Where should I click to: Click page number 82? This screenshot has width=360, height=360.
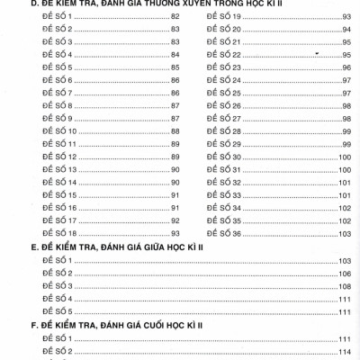(175, 17)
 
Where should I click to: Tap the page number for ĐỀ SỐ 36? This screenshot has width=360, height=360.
(344, 233)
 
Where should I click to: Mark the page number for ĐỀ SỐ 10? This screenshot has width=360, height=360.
(175, 131)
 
